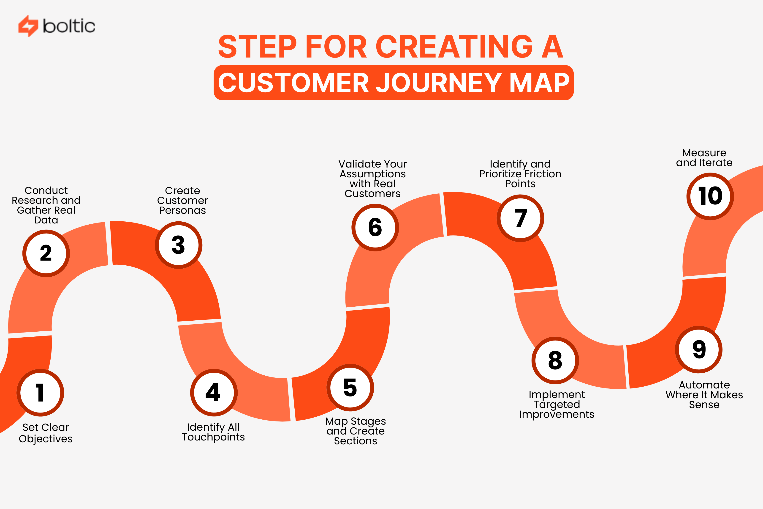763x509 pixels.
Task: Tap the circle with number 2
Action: [46, 253]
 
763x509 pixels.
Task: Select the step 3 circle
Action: [178, 245]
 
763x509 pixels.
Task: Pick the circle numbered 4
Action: [213, 392]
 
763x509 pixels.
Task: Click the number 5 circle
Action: [350, 388]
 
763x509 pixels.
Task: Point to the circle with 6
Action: [375, 227]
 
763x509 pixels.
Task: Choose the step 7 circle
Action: [520, 218]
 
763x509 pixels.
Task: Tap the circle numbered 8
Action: [555, 360]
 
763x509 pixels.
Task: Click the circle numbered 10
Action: [710, 196]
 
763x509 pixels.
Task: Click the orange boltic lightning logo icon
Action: [28, 26]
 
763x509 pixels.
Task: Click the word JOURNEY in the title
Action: [439, 83]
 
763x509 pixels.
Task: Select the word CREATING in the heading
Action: [454, 47]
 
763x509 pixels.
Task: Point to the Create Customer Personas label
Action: [182, 200]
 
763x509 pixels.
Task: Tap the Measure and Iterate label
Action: [704, 157]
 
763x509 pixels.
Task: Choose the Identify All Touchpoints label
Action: [213, 432]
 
